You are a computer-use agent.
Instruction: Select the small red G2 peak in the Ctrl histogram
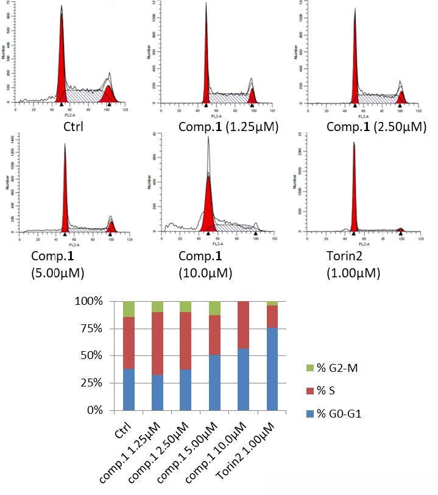108,94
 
